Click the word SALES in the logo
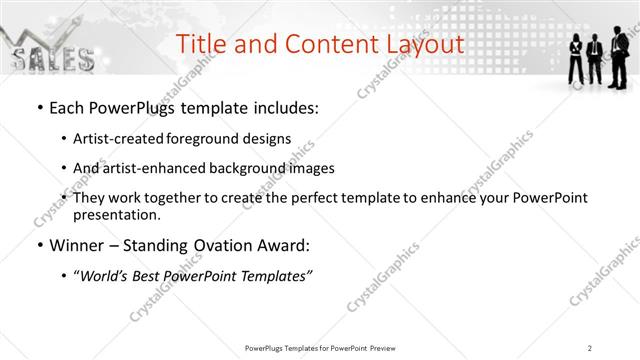pos(51,59)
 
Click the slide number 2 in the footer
pos(590,348)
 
